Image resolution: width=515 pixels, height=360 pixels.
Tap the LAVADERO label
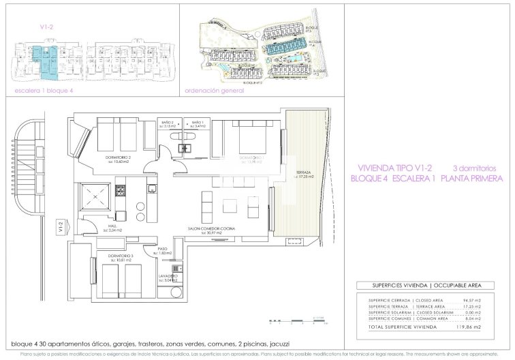[x=168, y=275]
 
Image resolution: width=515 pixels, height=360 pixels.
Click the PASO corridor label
[x=163, y=250]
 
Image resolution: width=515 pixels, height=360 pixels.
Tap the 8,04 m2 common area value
[x=473, y=318]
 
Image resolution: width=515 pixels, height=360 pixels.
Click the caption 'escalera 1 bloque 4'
[x=44, y=89]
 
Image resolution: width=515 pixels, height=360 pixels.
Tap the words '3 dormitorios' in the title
[x=475, y=168]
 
